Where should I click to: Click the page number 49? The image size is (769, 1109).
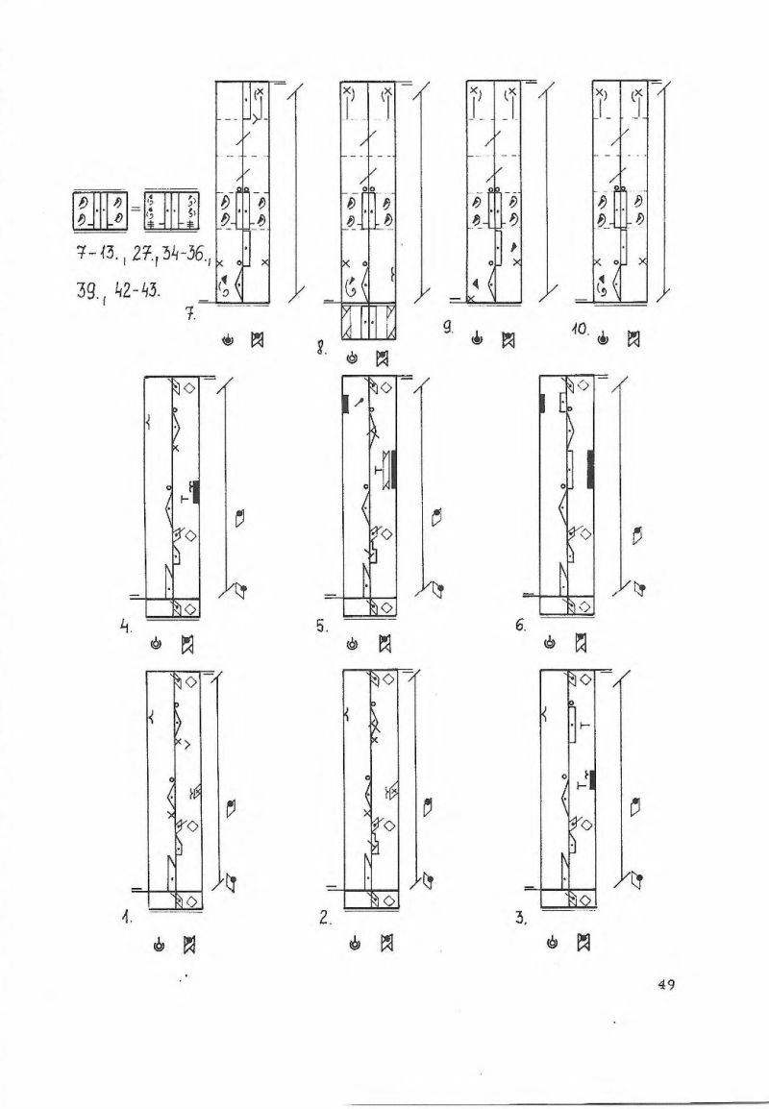click(x=665, y=984)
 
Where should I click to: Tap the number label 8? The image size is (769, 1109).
click(x=320, y=347)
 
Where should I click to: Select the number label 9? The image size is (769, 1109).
click(x=448, y=326)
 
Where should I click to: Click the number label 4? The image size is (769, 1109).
click(x=125, y=626)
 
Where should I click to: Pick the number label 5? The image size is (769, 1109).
click(x=321, y=626)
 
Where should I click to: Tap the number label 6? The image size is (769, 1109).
click(x=521, y=626)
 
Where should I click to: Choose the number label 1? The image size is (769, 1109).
click(x=126, y=919)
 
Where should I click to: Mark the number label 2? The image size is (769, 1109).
click(x=324, y=919)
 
